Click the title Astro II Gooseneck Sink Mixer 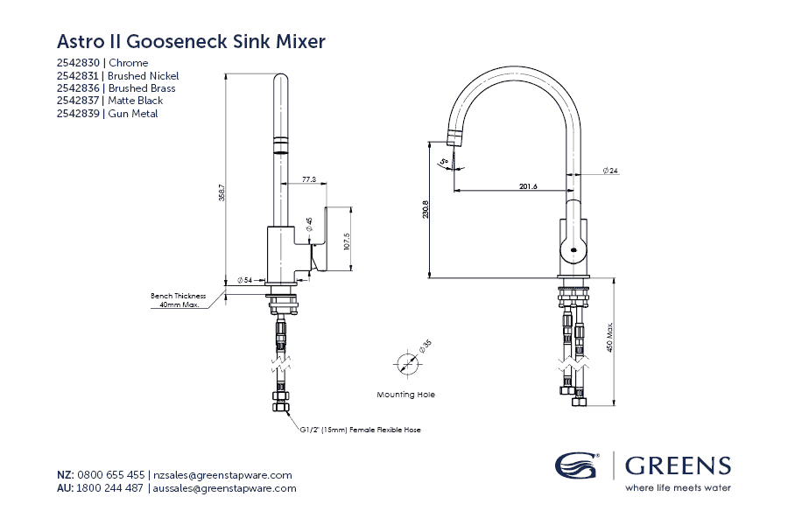(x=191, y=41)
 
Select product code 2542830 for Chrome (x=78, y=63)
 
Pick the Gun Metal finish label (x=132, y=114)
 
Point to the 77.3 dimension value (x=308, y=179)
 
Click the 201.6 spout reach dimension (x=527, y=185)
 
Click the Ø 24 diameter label (x=610, y=171)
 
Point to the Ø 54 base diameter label (x=244, y=280)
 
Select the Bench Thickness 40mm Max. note (x=178, y=301)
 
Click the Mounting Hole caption (x=405, y=395)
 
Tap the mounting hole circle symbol (x=405, y=362)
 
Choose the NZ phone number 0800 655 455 (x=111, y=474)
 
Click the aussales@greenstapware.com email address (x=224, y=488)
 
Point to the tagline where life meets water (x=677, y=487)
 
